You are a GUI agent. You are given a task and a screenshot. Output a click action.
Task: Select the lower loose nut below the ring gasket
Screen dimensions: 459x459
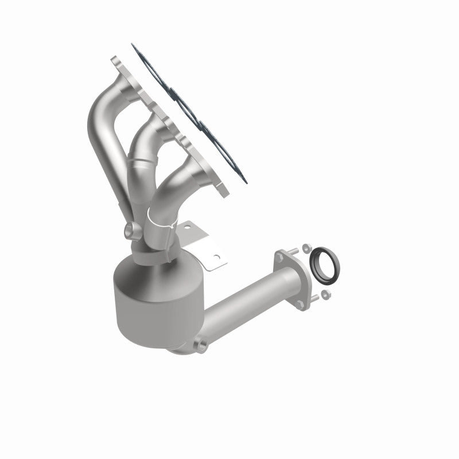[x=325, y=295]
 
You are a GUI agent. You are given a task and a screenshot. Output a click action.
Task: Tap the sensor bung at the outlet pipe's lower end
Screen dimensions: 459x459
[x=200, y=345]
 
